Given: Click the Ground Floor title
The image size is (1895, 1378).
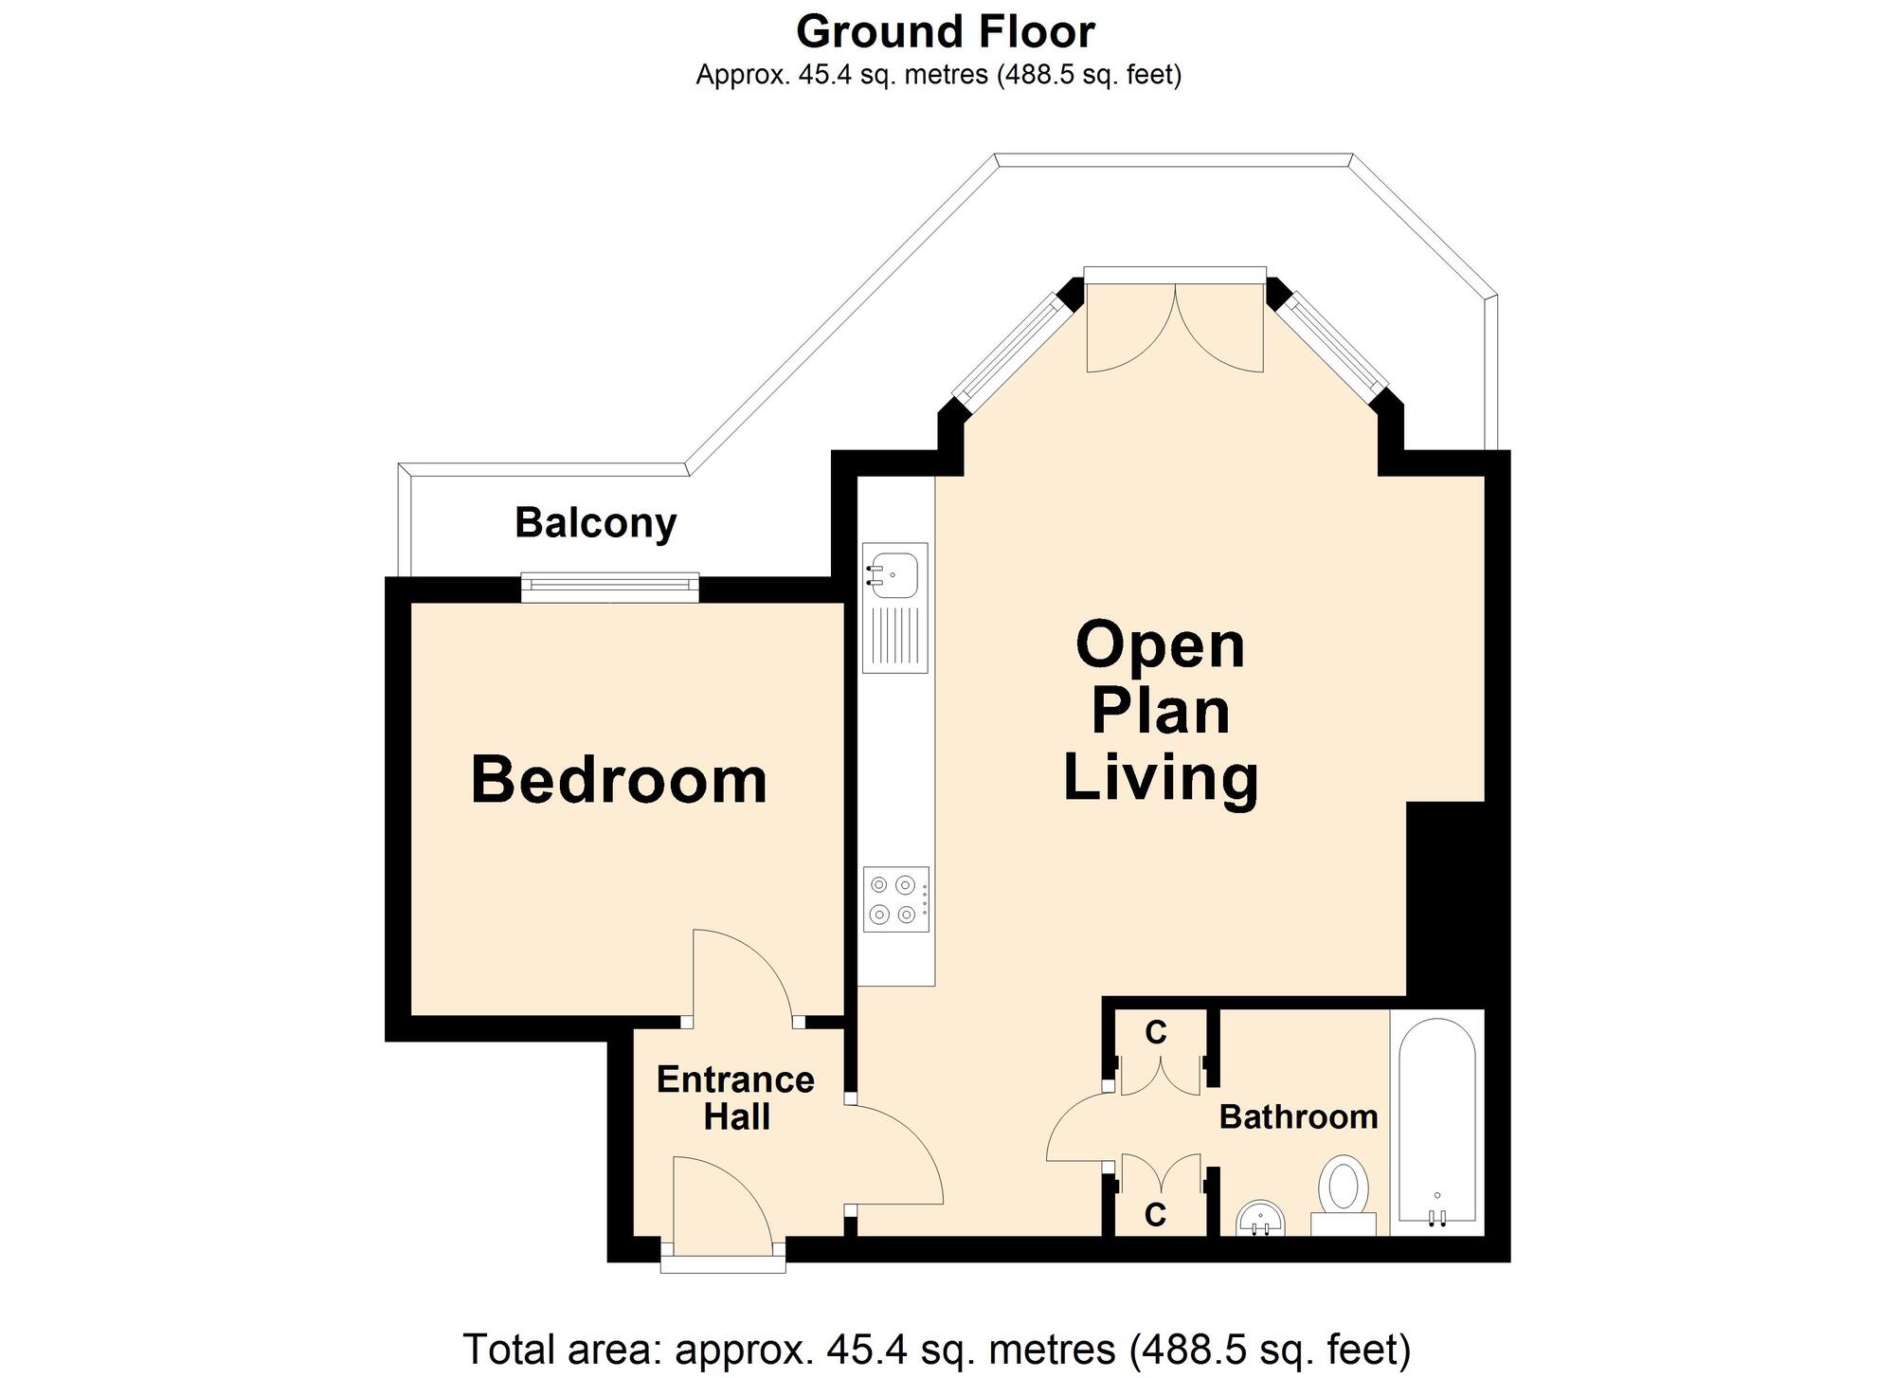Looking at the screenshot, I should pos(945,31).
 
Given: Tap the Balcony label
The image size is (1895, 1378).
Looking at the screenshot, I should pos(595,522).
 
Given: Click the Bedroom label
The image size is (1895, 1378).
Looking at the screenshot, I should pos(619,780).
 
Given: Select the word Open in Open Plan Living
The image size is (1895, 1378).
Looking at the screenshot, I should pos(1160,645).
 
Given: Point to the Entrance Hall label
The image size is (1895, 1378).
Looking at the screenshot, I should pos(735,1098).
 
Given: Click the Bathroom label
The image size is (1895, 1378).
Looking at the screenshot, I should pos(1298,1116).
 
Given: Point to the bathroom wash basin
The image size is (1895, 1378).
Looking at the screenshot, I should pos(1260,1218).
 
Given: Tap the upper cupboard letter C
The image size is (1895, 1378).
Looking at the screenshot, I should pos(1155,1033).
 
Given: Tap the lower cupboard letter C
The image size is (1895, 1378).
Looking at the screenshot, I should pos(1155,1214).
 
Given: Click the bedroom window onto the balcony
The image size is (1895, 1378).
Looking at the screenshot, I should pos(610,588).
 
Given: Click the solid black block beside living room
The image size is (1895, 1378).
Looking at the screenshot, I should pos(1444,900).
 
